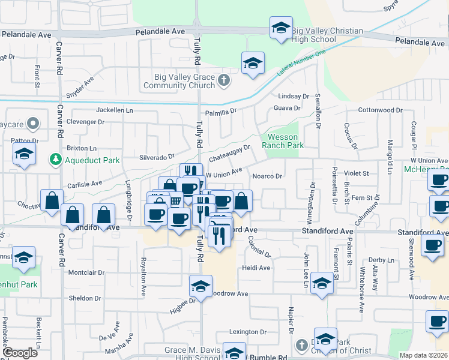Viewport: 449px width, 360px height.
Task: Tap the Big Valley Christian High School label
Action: [327, 35]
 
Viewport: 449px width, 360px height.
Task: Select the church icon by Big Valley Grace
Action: [224, 80]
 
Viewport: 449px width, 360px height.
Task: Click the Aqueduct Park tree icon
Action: [55, 160]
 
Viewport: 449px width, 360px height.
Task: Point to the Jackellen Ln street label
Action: [115, 110]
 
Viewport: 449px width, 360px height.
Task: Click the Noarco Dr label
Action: [267, 176]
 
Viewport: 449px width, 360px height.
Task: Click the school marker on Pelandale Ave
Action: [280, 29]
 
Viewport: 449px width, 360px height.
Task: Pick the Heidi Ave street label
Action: [256, 268]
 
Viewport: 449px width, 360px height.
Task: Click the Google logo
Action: [20, 353]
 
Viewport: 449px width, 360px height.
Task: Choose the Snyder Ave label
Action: [80, 88]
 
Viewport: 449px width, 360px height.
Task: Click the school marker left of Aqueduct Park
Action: [24, 155]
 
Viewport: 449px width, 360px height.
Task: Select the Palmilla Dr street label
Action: [221, 111]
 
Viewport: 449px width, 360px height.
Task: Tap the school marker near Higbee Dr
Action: [201, 286]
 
